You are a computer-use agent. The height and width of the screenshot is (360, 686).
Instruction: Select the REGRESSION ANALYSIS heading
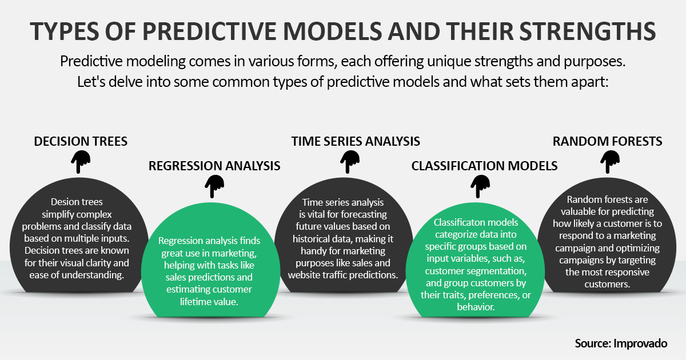[x=214, y=166]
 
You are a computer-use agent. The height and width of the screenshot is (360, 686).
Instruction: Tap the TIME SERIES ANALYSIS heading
[x=356, y=141]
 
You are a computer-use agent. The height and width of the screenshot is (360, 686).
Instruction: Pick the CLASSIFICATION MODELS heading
[x=484, y=166]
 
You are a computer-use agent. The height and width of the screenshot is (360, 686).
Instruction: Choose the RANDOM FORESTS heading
[x=607, y=141]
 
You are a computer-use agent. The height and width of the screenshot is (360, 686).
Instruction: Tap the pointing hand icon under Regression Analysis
[x=214, y=184]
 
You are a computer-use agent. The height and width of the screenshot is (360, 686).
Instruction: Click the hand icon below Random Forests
[x=610, y=161]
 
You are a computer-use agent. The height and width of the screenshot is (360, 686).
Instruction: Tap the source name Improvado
[x=641, y=343]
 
